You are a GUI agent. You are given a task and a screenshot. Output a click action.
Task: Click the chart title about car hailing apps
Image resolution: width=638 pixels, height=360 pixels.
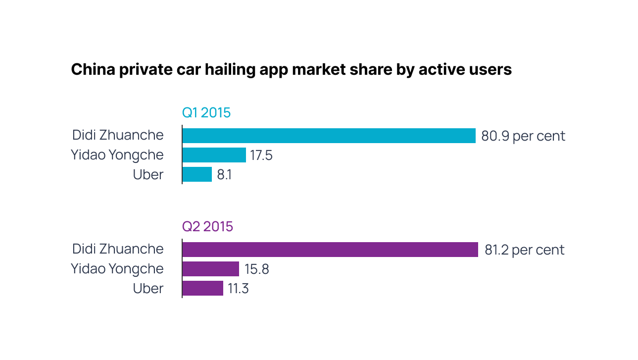291,69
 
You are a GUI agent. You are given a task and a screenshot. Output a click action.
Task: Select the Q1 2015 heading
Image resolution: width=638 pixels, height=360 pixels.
206,113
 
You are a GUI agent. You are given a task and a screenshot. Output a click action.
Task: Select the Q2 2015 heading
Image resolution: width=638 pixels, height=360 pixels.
207,227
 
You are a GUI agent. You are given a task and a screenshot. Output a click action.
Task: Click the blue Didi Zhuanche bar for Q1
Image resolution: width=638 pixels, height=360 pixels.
329,136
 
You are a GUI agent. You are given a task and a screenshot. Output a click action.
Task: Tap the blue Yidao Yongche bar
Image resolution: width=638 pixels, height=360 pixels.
214,155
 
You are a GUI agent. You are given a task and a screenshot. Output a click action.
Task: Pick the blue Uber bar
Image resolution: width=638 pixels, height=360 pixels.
197,174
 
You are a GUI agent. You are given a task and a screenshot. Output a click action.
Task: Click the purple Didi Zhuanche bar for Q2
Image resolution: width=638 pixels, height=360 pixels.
330,250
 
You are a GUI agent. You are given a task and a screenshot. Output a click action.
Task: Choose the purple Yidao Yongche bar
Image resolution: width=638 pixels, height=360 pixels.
211,269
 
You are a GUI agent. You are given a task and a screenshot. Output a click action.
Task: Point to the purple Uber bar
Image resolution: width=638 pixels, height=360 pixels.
203,288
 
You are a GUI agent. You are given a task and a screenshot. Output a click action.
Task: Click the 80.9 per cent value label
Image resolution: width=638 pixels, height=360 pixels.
523,136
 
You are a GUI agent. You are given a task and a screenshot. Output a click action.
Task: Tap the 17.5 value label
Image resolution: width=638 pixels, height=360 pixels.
261,155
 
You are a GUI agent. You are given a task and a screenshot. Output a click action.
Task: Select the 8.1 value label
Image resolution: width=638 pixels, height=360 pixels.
224,175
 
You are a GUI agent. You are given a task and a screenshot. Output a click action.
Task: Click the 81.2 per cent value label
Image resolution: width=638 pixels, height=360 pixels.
524,250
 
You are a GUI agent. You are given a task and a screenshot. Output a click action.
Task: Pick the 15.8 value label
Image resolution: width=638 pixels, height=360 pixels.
256,269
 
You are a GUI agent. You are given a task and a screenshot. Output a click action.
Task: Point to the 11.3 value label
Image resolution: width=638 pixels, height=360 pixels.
238,289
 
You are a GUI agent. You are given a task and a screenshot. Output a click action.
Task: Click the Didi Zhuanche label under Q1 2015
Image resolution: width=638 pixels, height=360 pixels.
118,135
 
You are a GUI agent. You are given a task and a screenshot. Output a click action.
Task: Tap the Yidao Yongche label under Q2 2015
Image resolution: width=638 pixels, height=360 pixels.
117,269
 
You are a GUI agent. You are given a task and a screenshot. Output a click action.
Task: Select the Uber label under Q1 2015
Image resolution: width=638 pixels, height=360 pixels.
148,175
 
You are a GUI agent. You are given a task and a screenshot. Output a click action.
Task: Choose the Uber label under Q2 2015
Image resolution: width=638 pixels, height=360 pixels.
148,289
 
